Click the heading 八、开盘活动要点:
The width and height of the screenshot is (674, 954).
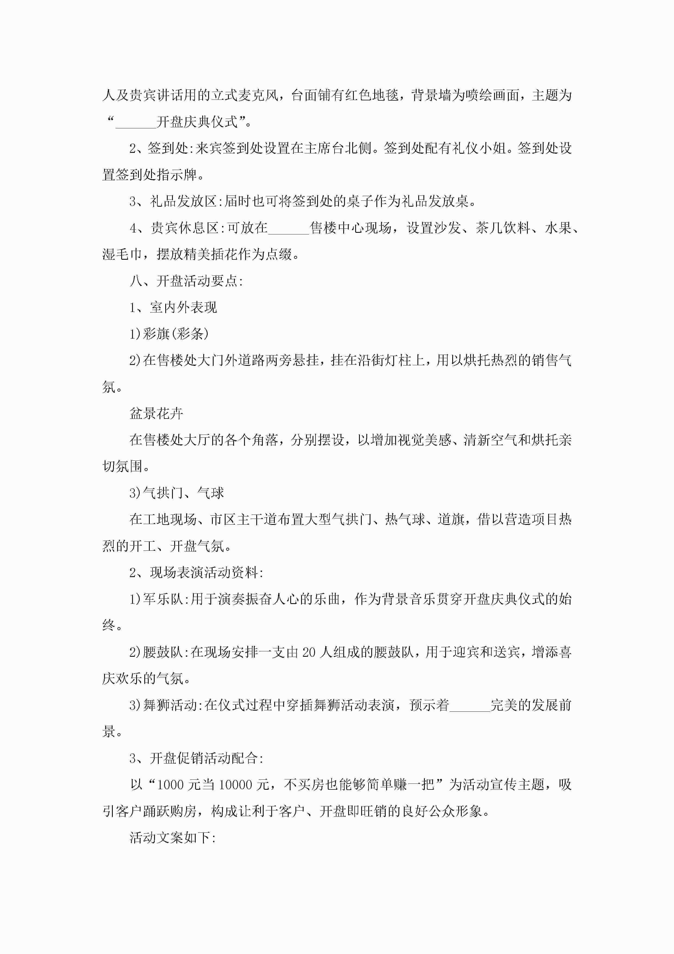[x=186, y=281]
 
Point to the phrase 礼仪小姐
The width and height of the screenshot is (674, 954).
[x=479, y=148]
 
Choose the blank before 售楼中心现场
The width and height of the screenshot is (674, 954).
[x=289, y=228]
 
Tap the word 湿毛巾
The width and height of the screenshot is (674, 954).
[x=122, y=254]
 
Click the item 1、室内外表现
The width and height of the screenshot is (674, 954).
[x=173, y=308]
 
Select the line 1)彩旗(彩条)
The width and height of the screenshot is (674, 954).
[x=169, y=334]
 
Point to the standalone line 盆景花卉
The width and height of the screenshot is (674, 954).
[x=157, y=413]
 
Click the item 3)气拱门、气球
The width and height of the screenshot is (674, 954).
[x=176, y=493]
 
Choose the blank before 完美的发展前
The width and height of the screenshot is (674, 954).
[x=470, y=705]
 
